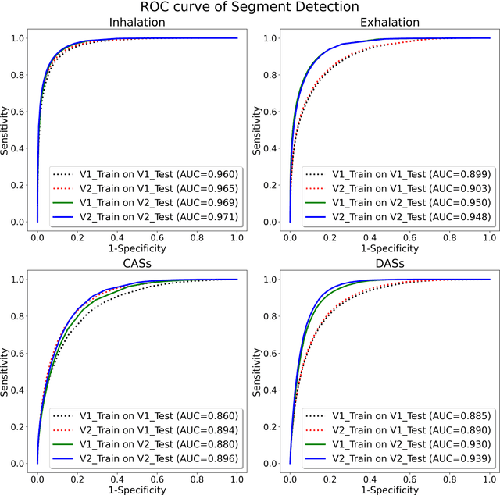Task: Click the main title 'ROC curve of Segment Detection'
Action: pos(250,8)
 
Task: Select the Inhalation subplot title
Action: pos(137,23)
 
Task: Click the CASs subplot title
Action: pos(137,265)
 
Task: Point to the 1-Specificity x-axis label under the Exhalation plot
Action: pos(389,248)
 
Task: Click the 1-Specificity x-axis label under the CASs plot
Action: pos(137,490)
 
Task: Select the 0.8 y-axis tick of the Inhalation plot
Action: pos(18,75)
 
